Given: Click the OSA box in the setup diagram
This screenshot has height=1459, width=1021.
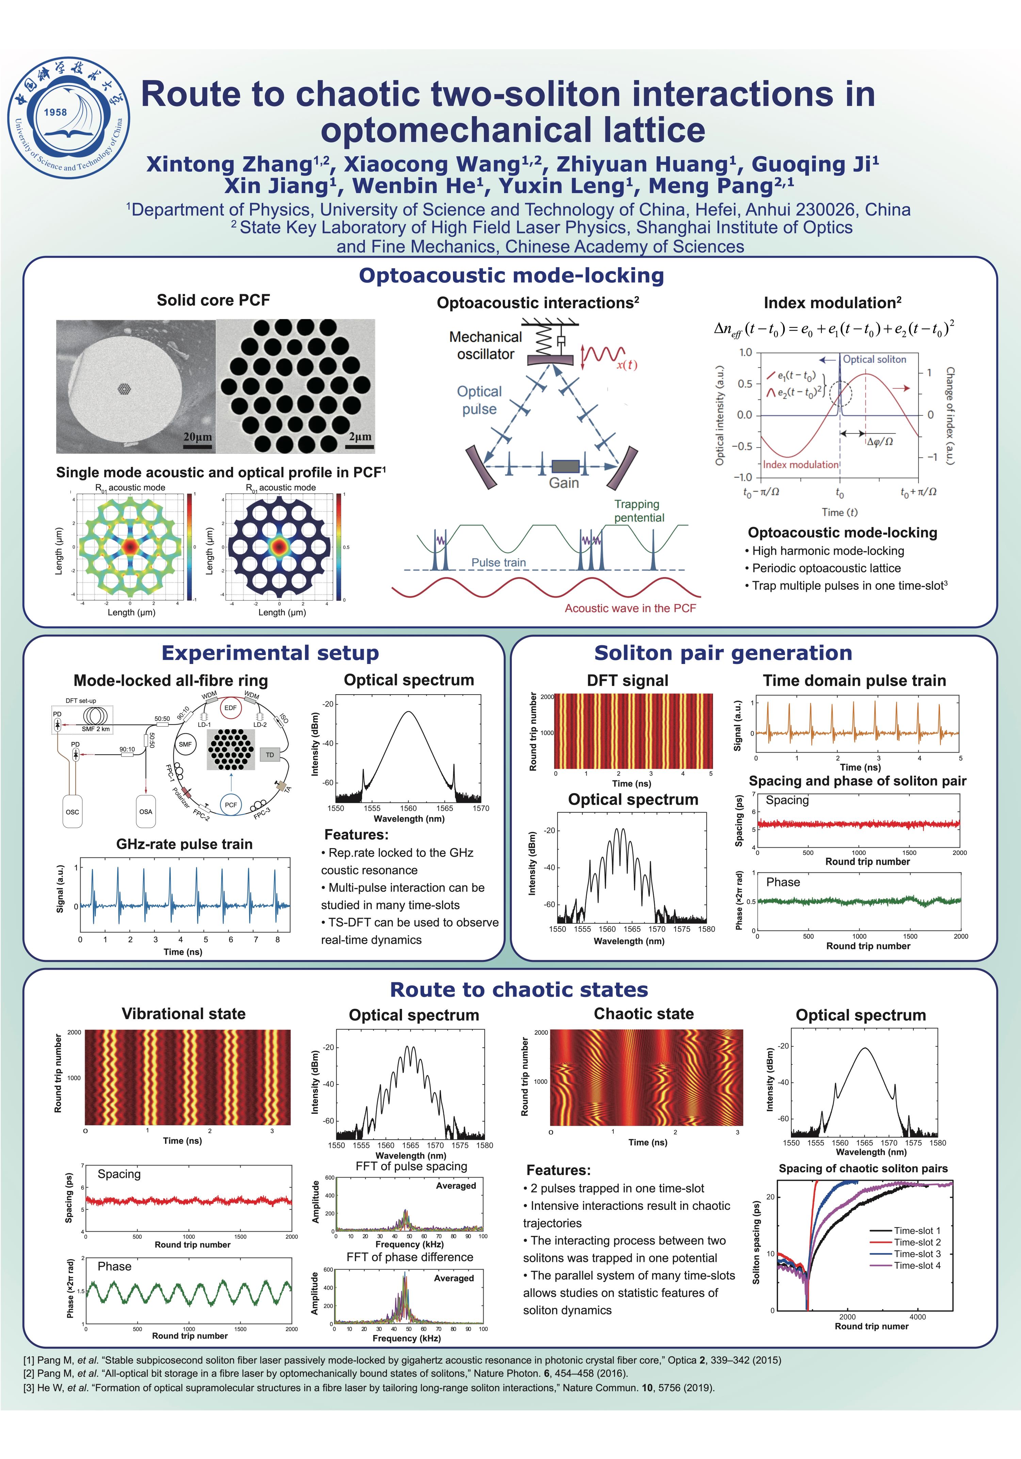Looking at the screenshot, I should pos(146,811).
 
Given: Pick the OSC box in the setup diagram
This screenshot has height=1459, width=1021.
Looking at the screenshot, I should pos(72,811).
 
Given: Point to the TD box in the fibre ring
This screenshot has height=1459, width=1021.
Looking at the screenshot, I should pos(270,755).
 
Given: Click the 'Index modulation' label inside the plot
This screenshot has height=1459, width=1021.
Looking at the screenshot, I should pos(800,464).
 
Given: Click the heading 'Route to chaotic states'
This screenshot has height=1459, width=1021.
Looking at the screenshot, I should pos(518,989).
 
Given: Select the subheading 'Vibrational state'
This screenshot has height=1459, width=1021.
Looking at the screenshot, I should pos(184,1014).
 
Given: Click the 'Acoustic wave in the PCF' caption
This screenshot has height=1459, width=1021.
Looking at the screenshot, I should pos(630,608).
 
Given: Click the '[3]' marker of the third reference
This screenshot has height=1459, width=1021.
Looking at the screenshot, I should pos(29,1388).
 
